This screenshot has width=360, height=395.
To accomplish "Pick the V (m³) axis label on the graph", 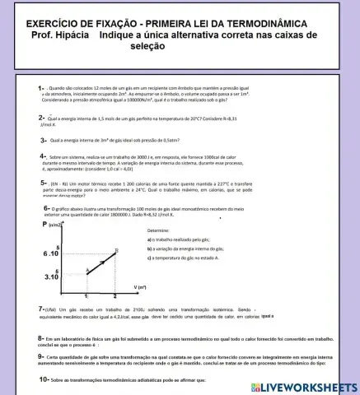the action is point(141,287).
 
